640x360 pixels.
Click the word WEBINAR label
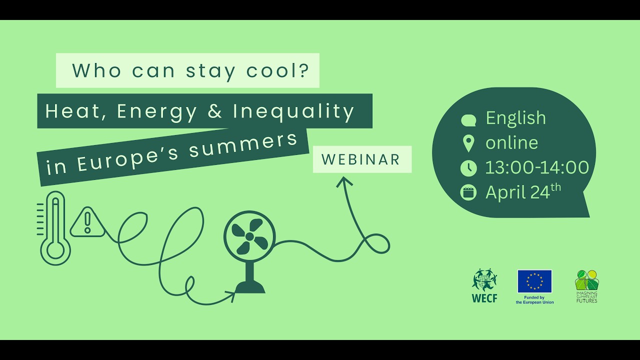(x=361, y=159)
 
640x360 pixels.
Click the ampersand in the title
(x=214, y=111)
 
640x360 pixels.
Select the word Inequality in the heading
(x=293, y=111)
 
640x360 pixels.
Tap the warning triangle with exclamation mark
(x=88, y=222)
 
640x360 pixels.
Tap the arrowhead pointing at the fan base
(x=231, y=296)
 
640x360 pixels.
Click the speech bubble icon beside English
(x=468, y=120)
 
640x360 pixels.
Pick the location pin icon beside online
(x=468, y=143)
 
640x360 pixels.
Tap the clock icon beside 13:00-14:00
(x=468, y=168)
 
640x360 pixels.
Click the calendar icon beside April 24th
(x=468, y=192)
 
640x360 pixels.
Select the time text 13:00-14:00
(x=537, y=167)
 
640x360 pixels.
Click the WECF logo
(x=484, y=286)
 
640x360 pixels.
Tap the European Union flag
(x=534, y=281)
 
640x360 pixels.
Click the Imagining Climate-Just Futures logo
(x=586, y=286)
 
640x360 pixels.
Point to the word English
(x=515, y=118)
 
